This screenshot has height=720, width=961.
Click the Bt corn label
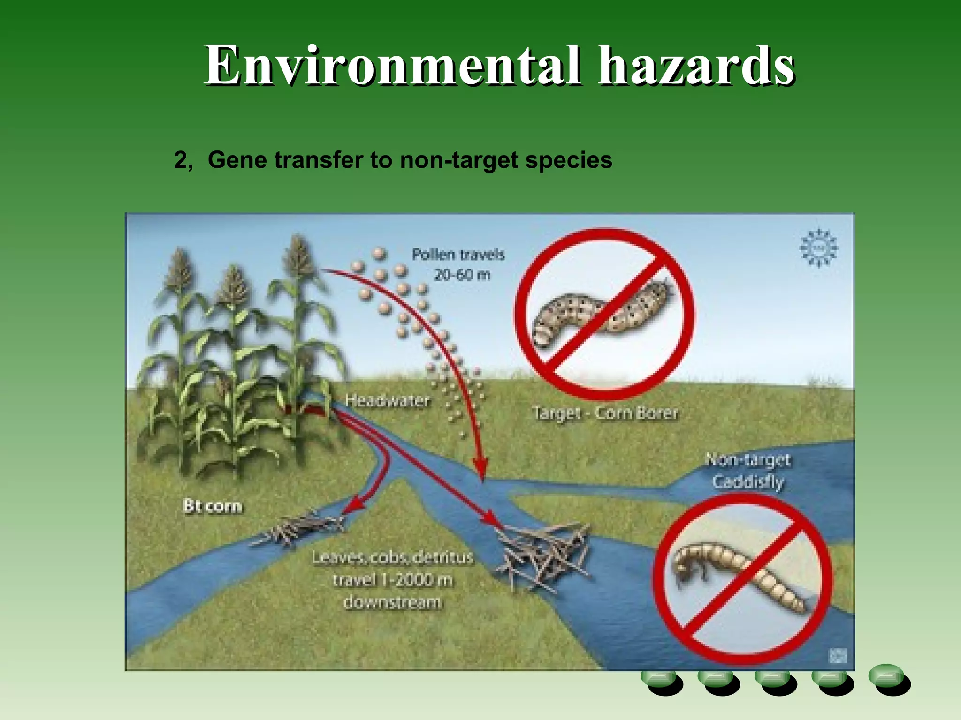coord(213,506)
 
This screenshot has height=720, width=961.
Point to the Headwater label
coord(388,400)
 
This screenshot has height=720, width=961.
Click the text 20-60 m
coord(462,275)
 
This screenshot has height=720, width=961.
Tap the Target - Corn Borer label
coord(605,413)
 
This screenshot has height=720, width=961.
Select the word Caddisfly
coord(748,481)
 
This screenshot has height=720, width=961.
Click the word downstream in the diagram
coord(392,602)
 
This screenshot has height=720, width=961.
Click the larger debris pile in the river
coord(544,553)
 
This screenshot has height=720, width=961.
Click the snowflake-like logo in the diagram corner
coord(818,248)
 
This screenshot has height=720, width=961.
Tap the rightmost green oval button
coord(888,678)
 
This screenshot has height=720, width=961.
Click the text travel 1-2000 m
coord(392,580)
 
